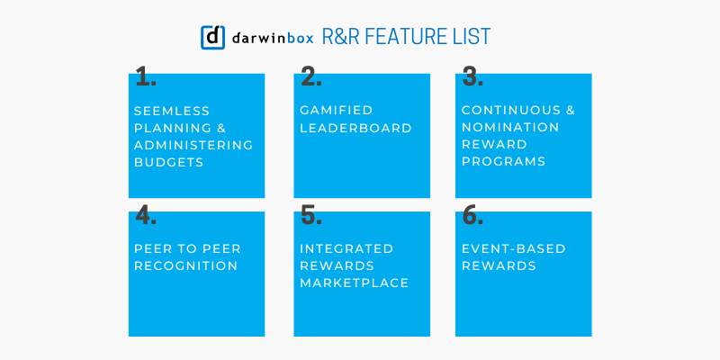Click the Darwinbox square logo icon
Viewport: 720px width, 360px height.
212,36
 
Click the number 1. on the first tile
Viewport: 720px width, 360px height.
145,77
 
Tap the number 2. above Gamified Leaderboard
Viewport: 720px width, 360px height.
310,77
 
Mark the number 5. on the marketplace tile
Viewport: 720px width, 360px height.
310,216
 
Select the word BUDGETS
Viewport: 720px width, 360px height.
167,163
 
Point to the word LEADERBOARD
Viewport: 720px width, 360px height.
355,128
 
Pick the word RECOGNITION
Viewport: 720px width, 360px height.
185,265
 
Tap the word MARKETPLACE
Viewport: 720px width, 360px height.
355,283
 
